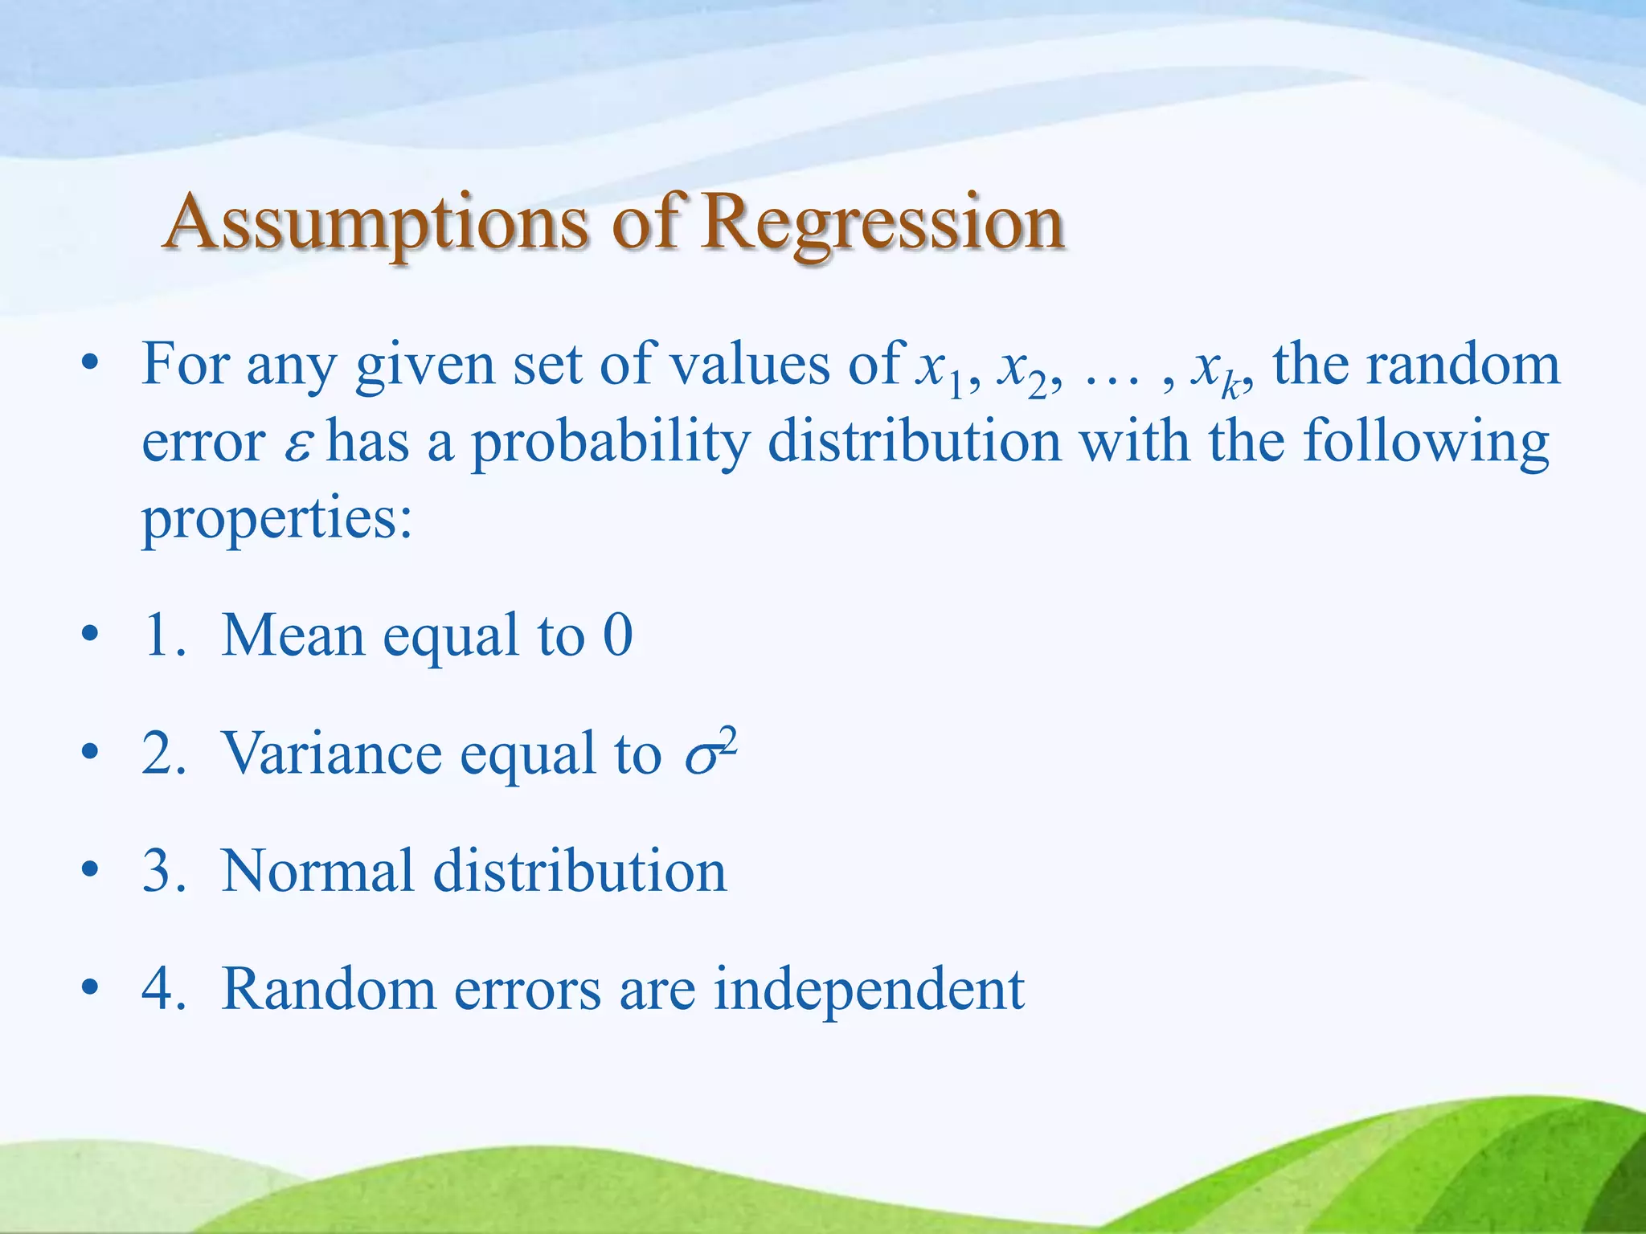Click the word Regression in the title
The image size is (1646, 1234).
[x=882, y=223]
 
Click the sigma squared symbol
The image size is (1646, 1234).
[x=710, y=754]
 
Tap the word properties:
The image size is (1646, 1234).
[x=277, y=519]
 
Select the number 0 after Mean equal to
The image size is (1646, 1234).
[x=617, y=635]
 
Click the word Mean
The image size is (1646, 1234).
[x=293, y=635]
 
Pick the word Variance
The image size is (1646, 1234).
[x=332, y=754]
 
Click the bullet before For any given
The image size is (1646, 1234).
[x=90, y=366]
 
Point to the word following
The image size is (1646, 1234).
[x=1425, y=444]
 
